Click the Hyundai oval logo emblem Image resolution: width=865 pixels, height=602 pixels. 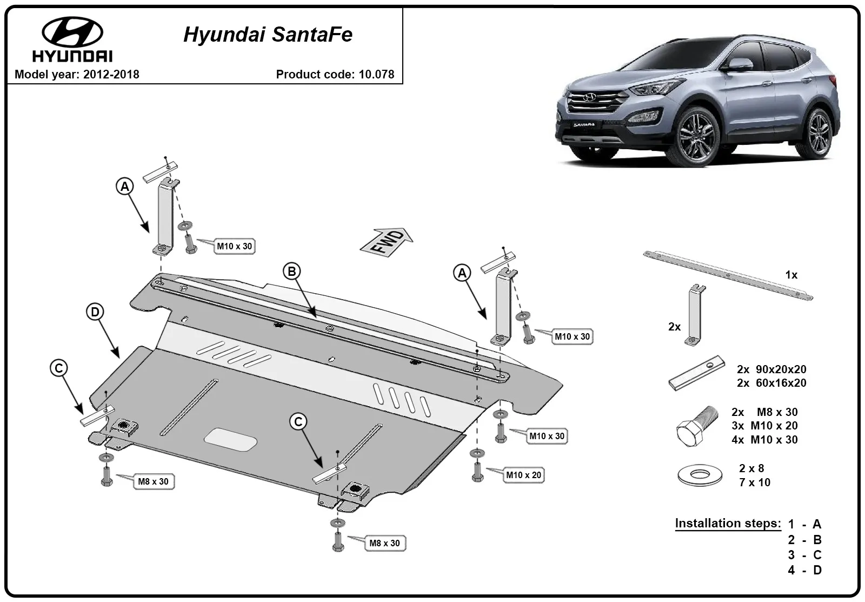72,32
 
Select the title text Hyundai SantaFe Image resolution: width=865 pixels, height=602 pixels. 268,35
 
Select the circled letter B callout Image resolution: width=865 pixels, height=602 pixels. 291,271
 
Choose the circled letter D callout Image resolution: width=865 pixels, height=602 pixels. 95,312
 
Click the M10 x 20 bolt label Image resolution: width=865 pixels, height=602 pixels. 524,475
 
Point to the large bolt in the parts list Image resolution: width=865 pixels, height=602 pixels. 697,427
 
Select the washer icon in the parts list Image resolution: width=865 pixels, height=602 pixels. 700,475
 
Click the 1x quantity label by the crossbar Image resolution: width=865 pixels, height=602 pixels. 791,275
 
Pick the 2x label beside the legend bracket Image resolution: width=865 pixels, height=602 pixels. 674,327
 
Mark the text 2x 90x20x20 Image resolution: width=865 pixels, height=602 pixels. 771,369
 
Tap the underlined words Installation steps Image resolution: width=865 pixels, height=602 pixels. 728,523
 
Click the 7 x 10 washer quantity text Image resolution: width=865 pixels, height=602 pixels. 755,482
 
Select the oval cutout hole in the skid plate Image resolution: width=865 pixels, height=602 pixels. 230,440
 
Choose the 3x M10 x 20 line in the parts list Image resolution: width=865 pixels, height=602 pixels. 764,426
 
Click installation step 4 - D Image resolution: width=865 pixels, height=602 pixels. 805,570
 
